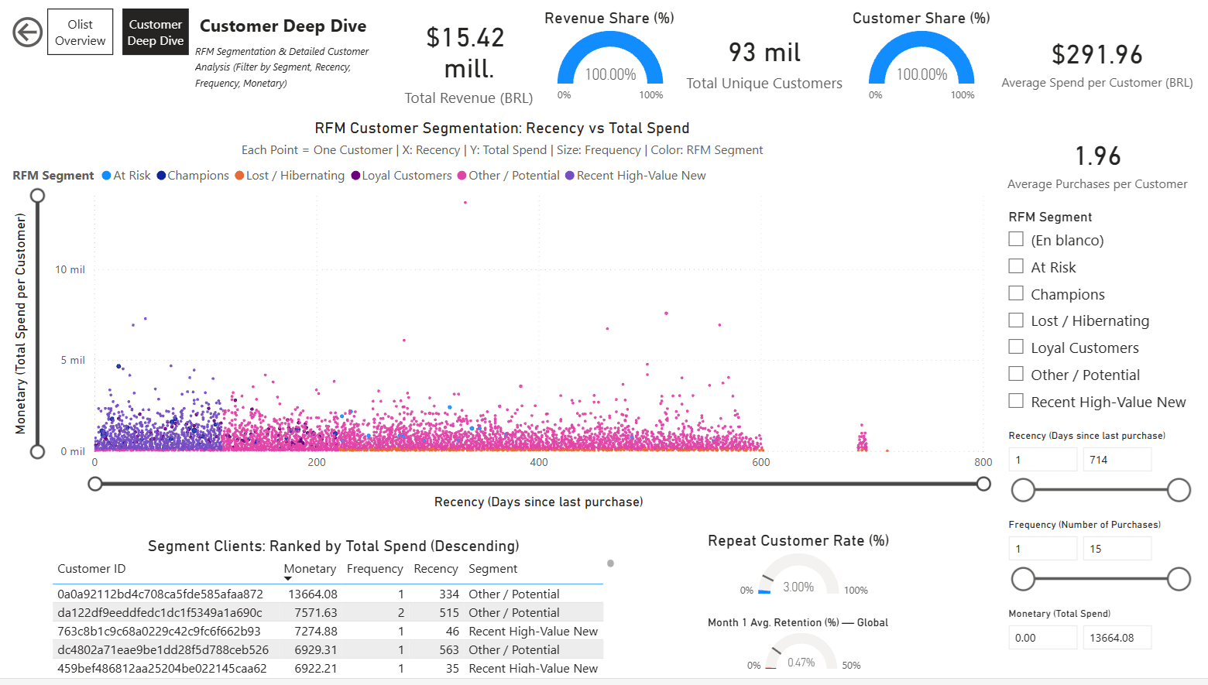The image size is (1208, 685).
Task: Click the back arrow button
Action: (27, 33)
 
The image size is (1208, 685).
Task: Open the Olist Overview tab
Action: (80, 33)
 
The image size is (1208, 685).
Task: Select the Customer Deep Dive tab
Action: (155, 33)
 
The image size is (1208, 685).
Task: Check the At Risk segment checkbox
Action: (1016, 266)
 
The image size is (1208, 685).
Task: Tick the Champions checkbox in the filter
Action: (1016, 293)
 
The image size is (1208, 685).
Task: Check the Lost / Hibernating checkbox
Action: (1016, 320)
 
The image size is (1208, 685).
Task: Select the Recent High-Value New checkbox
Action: (1016, 401)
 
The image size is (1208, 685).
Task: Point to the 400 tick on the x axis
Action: (539, 462)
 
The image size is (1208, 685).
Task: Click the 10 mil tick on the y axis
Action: (70, 269)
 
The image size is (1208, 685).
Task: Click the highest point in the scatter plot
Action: (465, 203)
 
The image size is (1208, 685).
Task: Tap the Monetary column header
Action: (310, 569)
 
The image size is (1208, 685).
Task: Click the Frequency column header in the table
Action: (375, 569)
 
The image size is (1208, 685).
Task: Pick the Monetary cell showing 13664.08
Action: (313, 594)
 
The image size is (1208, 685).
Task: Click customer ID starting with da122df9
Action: (160, 613)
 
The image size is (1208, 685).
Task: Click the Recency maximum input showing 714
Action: (1116, 460)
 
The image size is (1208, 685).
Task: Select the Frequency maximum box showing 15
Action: (1116, 549)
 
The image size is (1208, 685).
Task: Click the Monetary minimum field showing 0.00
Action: (1042, 638)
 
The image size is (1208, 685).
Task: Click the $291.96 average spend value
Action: (1096, 55)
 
